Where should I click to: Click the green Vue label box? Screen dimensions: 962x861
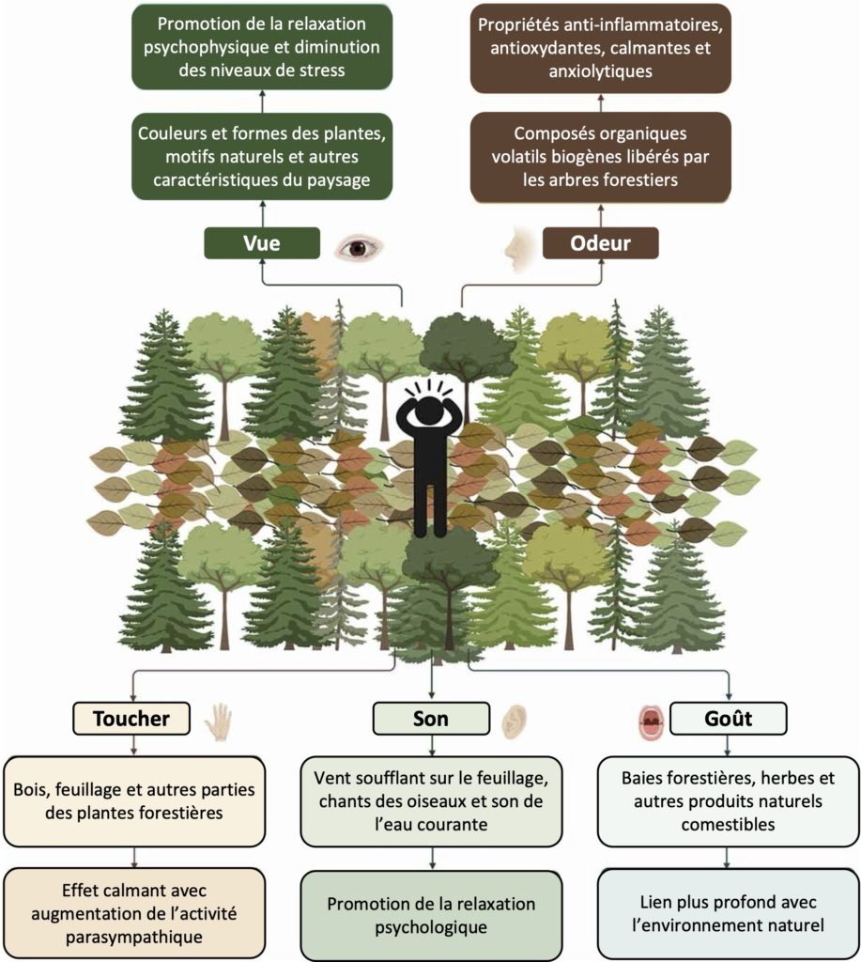coord(262,244)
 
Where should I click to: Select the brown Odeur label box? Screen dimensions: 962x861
coord(600,244)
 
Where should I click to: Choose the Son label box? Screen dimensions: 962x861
coord(431,719)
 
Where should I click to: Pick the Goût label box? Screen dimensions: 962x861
coord(730,719)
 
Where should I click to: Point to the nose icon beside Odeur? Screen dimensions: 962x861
coord(515,248)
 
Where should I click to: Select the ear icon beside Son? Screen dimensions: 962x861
coord(512,721)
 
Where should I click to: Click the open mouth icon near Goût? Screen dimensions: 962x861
coord(650,721)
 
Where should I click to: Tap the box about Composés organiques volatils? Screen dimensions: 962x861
coord(600,156)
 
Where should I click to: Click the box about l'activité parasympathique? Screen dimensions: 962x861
coord(134,912)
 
